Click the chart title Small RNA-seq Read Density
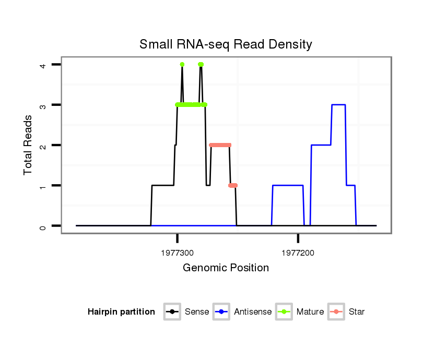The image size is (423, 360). point(226,44)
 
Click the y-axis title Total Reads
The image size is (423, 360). point(28,145)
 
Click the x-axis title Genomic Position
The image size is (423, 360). point(226,268)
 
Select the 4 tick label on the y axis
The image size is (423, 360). point(43,65)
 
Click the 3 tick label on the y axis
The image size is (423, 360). point(43,105)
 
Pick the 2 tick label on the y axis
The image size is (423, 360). point(43,145)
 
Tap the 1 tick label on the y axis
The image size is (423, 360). point(43,186)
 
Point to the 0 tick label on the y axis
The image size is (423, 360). point(43,226)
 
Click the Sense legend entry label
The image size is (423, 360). point(197,312)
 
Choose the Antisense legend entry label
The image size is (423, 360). point(253,312)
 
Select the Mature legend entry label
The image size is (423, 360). point(310,312)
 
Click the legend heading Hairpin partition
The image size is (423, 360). point(121,312)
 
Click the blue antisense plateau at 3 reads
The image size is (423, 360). point(338,105)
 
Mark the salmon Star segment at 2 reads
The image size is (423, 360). point(220,145)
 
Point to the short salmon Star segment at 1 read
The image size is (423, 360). point(233,185)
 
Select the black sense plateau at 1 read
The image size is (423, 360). point(162,185)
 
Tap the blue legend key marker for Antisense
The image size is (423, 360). point(221,312)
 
